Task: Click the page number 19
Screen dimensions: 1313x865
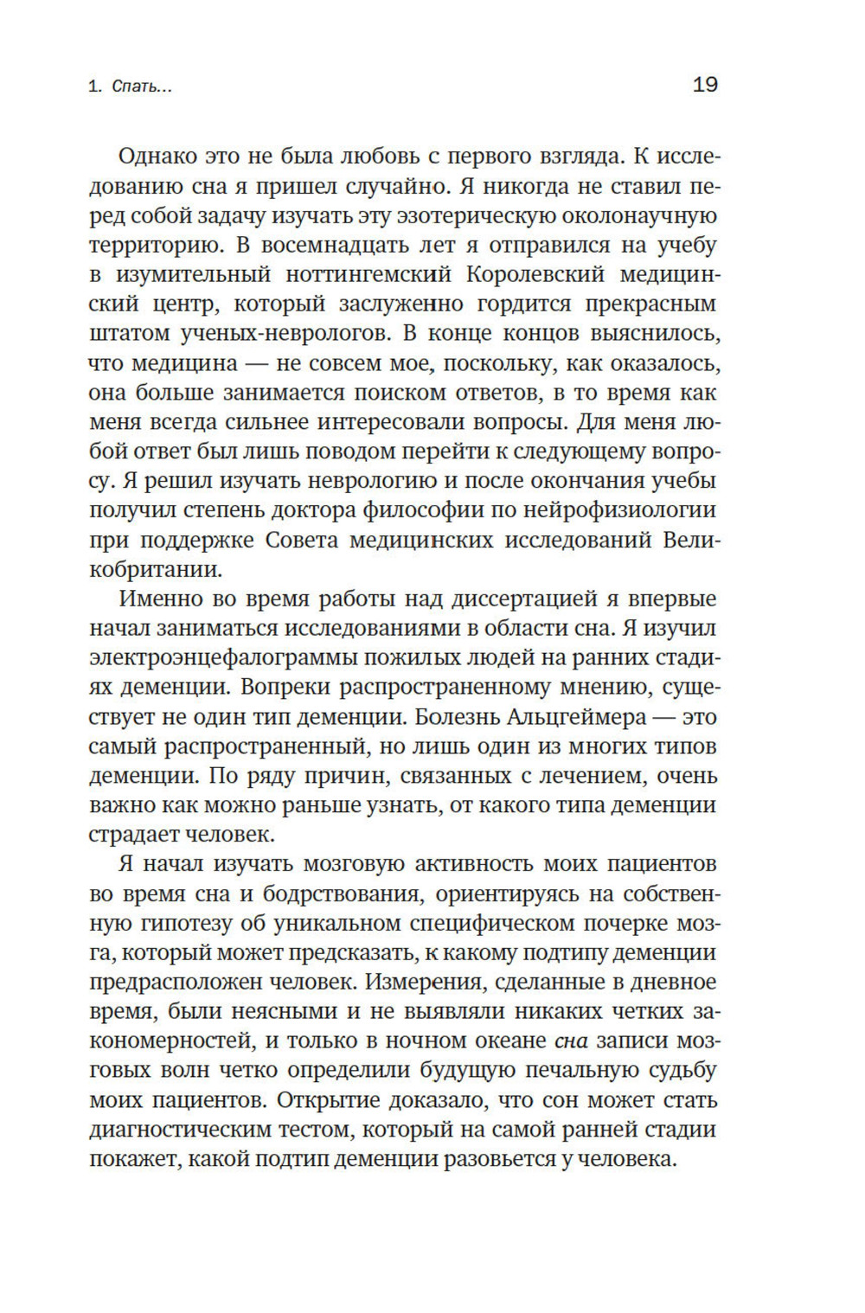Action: point(705,85)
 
